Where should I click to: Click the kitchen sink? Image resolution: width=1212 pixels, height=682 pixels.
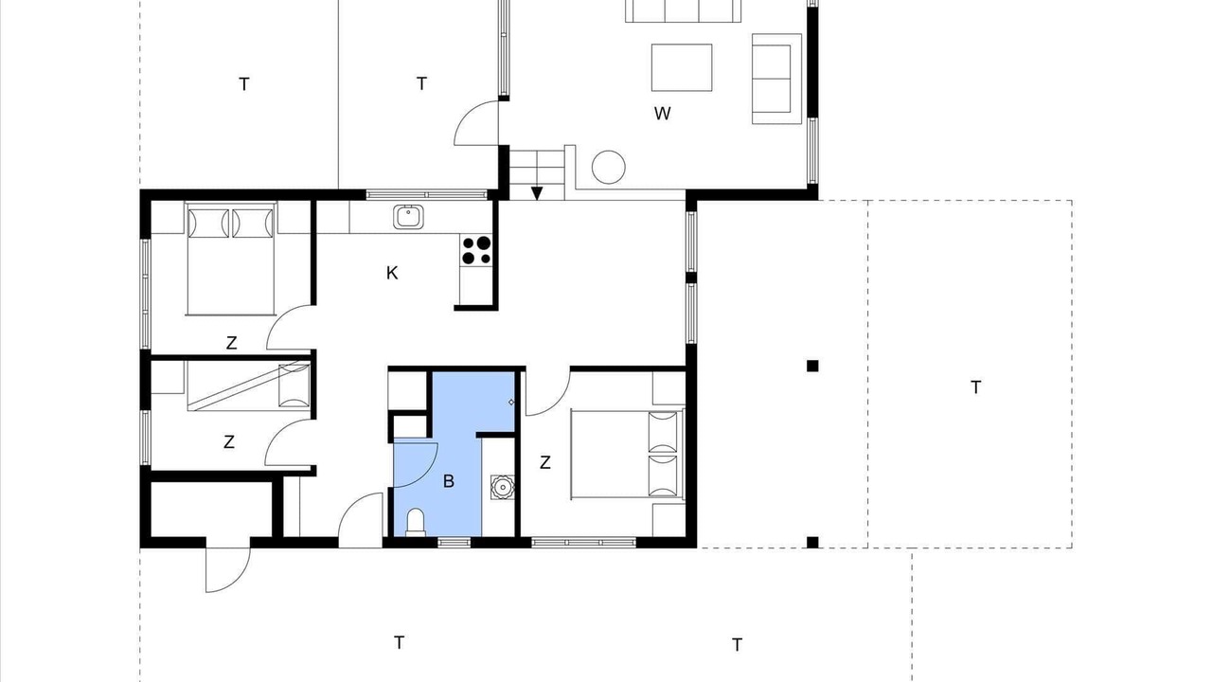408,217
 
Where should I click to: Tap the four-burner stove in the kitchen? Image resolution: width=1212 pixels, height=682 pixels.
476,250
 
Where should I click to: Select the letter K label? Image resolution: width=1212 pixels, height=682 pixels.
392,273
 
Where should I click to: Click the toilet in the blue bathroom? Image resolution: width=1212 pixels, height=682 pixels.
416,522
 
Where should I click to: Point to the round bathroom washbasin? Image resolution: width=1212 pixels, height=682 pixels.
502,487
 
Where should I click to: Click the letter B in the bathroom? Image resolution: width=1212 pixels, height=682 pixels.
449,481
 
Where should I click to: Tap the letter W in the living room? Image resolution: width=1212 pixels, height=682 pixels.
662,114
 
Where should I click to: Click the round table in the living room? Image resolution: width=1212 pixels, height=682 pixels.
609,168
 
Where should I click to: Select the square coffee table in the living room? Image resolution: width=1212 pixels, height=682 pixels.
682,67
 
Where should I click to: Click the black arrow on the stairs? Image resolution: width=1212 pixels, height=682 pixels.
537,193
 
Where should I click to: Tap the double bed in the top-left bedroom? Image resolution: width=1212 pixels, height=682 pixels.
231,259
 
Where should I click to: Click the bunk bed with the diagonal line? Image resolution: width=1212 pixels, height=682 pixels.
249,386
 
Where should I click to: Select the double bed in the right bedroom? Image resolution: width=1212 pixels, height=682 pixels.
627,454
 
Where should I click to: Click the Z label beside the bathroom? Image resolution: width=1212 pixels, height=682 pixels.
545,462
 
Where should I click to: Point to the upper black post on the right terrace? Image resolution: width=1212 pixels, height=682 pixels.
812,366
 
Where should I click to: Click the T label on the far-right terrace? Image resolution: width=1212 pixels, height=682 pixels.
976,387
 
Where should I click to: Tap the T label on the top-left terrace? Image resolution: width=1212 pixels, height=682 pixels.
244,84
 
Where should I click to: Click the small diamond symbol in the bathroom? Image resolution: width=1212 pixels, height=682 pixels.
511,403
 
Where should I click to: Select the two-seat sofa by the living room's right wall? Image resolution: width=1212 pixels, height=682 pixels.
776,79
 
